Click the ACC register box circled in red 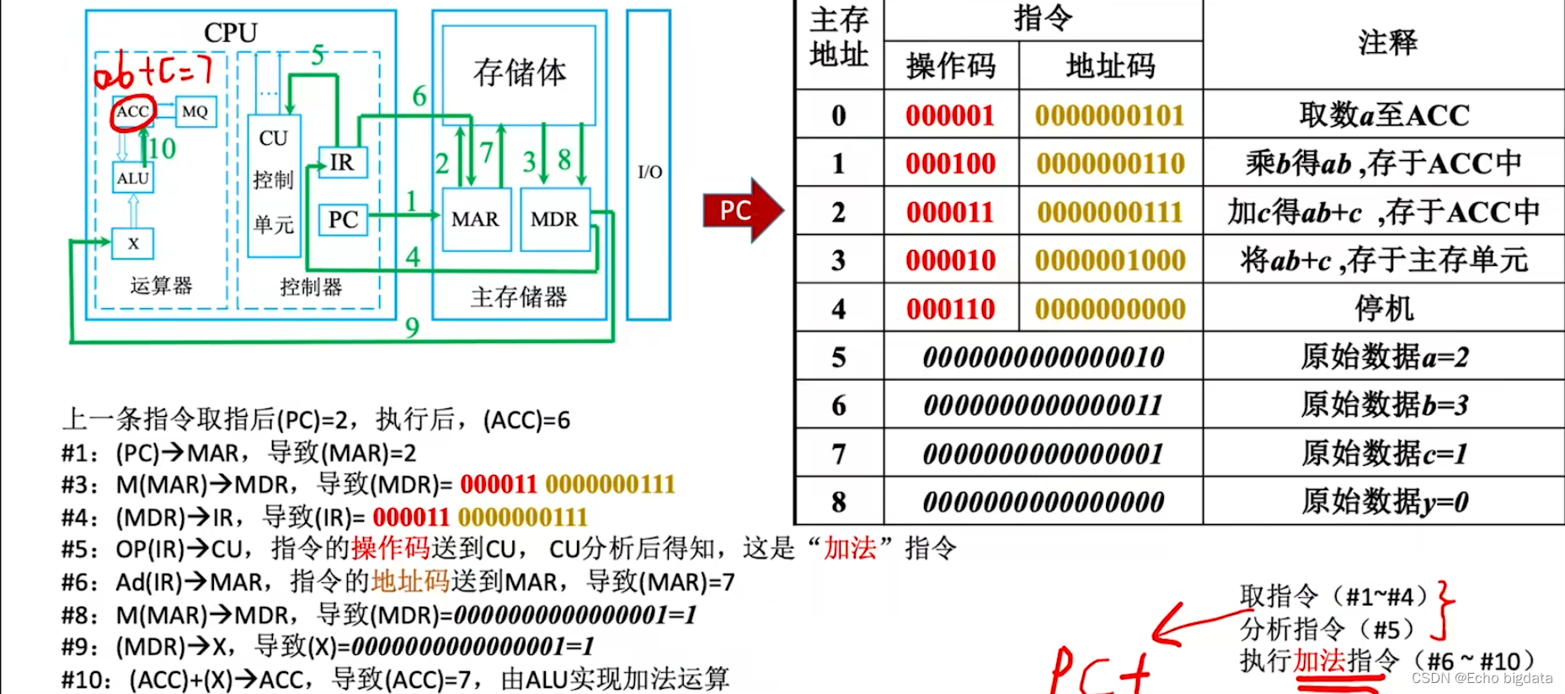point(132,112)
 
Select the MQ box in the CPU point(195,112)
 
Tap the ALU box point(133,179)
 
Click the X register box point(133,243)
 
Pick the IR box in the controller point(342,163)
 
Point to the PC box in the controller point(343,220)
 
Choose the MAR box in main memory point(476,220)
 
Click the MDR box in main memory point(554,220)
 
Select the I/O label point(649,173)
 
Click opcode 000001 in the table point(950,115)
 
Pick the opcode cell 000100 point(950,163)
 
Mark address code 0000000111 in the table point(1110,212)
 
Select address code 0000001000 point(1110,260)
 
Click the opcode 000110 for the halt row point(950,309)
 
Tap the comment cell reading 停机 point(1383,309)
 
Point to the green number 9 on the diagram point(412,327)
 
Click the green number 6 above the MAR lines point(419,97)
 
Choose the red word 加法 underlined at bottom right point(1320,661)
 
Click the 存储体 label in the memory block point(520,73)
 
